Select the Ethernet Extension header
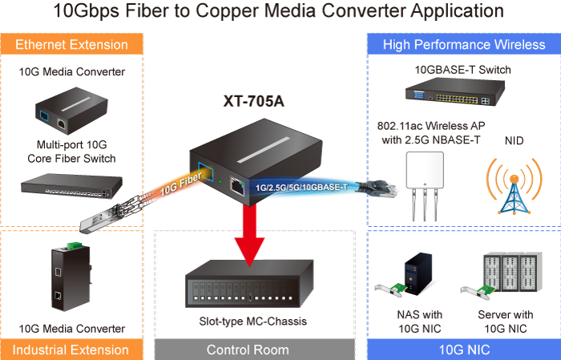pyautogui.click(x=71, y=44)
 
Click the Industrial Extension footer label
pyautogui.click(x=71, y=350)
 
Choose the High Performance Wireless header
pyautogui.click(x=463, y=44)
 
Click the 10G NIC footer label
pyautogui.click(x=463, y=350)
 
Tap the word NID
pyautogui.click(x=515, y=140)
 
